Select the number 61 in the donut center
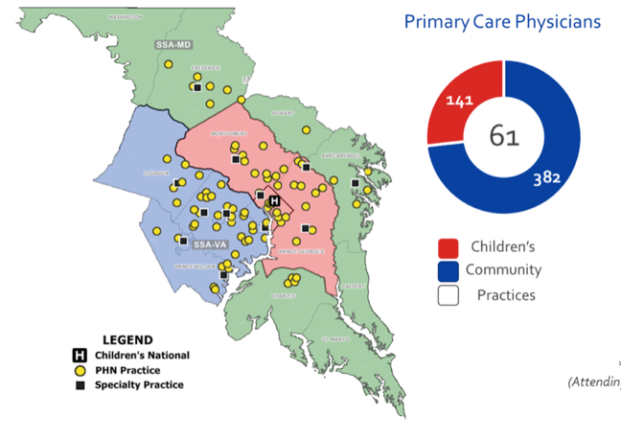point(504,137)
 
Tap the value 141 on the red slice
point(459,99)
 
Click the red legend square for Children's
point(449,246)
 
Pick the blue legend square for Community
point(449,270)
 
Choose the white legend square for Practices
point(449,295)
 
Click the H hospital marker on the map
point(273,201)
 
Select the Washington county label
point(126,17)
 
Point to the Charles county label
point(284,295)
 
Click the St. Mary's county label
point(334,338)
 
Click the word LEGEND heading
point(127,339)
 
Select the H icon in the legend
point(80,356)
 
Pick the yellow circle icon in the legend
point(80,370)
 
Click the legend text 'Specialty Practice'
point(144,384)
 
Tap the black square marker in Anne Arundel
point(355,182)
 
